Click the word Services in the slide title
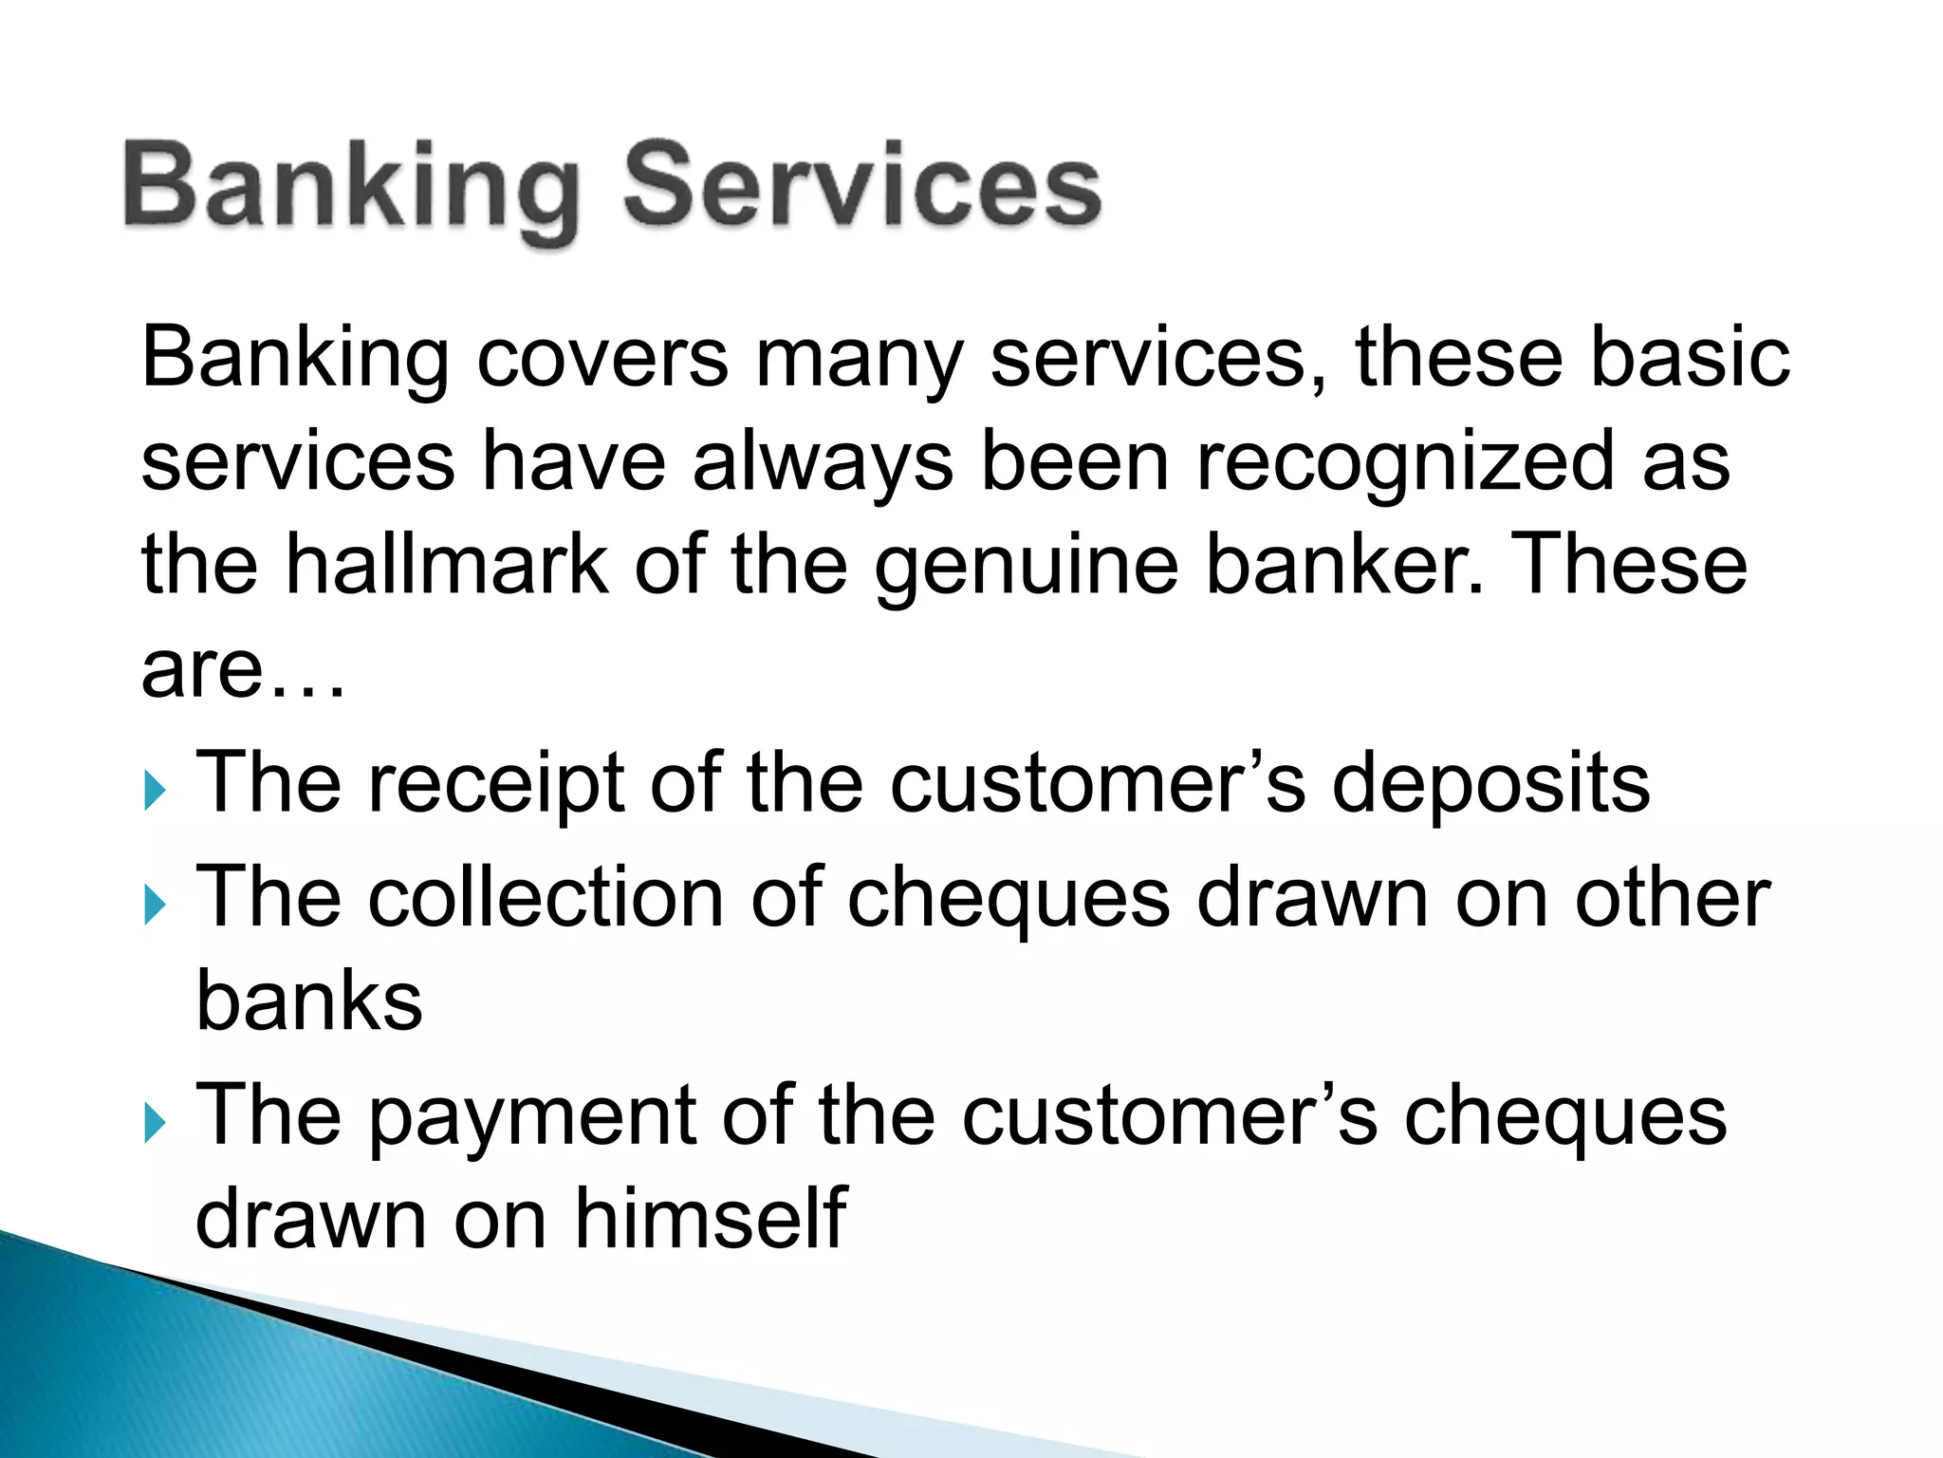point(861,184)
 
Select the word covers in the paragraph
point(602,359)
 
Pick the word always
point(823,463)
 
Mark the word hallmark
point(446,565)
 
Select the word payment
point(533,1118)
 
